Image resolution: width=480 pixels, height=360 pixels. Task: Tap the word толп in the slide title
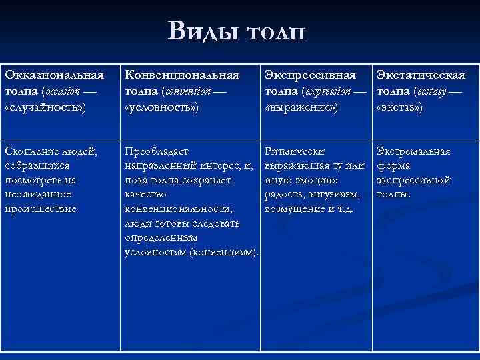275,31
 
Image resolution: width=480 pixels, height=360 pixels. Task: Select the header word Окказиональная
54,76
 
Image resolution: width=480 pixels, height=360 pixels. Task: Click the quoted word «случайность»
45,106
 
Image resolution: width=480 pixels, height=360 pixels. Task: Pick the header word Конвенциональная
182,76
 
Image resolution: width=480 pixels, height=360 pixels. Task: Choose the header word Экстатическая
421,76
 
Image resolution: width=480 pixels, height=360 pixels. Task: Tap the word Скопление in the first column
33,151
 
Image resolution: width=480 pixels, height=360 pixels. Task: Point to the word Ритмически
295,151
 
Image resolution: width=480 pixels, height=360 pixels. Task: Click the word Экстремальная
413,151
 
